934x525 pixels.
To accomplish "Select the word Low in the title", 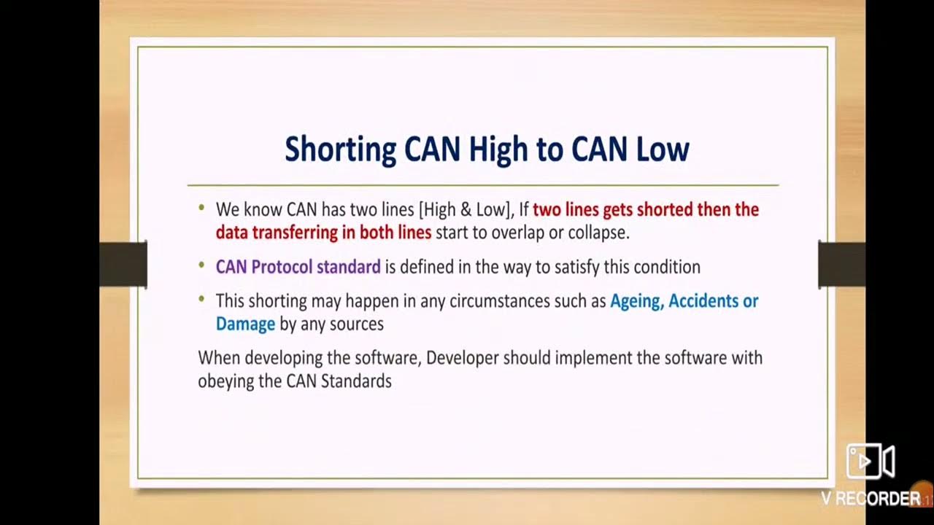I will pos(662,149).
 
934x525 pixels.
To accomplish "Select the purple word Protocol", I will pos(282,267).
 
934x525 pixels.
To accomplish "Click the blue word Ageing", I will pos(636,301).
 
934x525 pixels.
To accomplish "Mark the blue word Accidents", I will pos(704,301).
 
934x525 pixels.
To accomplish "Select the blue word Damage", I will pos(245,324).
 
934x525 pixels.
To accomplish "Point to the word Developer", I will pos(462,358).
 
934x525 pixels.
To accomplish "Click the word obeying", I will pos(225,381).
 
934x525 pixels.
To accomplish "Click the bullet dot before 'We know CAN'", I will pos(201,209).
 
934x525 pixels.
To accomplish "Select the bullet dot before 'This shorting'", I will pos(201,300).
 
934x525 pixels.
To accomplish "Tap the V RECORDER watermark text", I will pos(871,499).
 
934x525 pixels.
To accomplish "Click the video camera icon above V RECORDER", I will pos(870,461).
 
